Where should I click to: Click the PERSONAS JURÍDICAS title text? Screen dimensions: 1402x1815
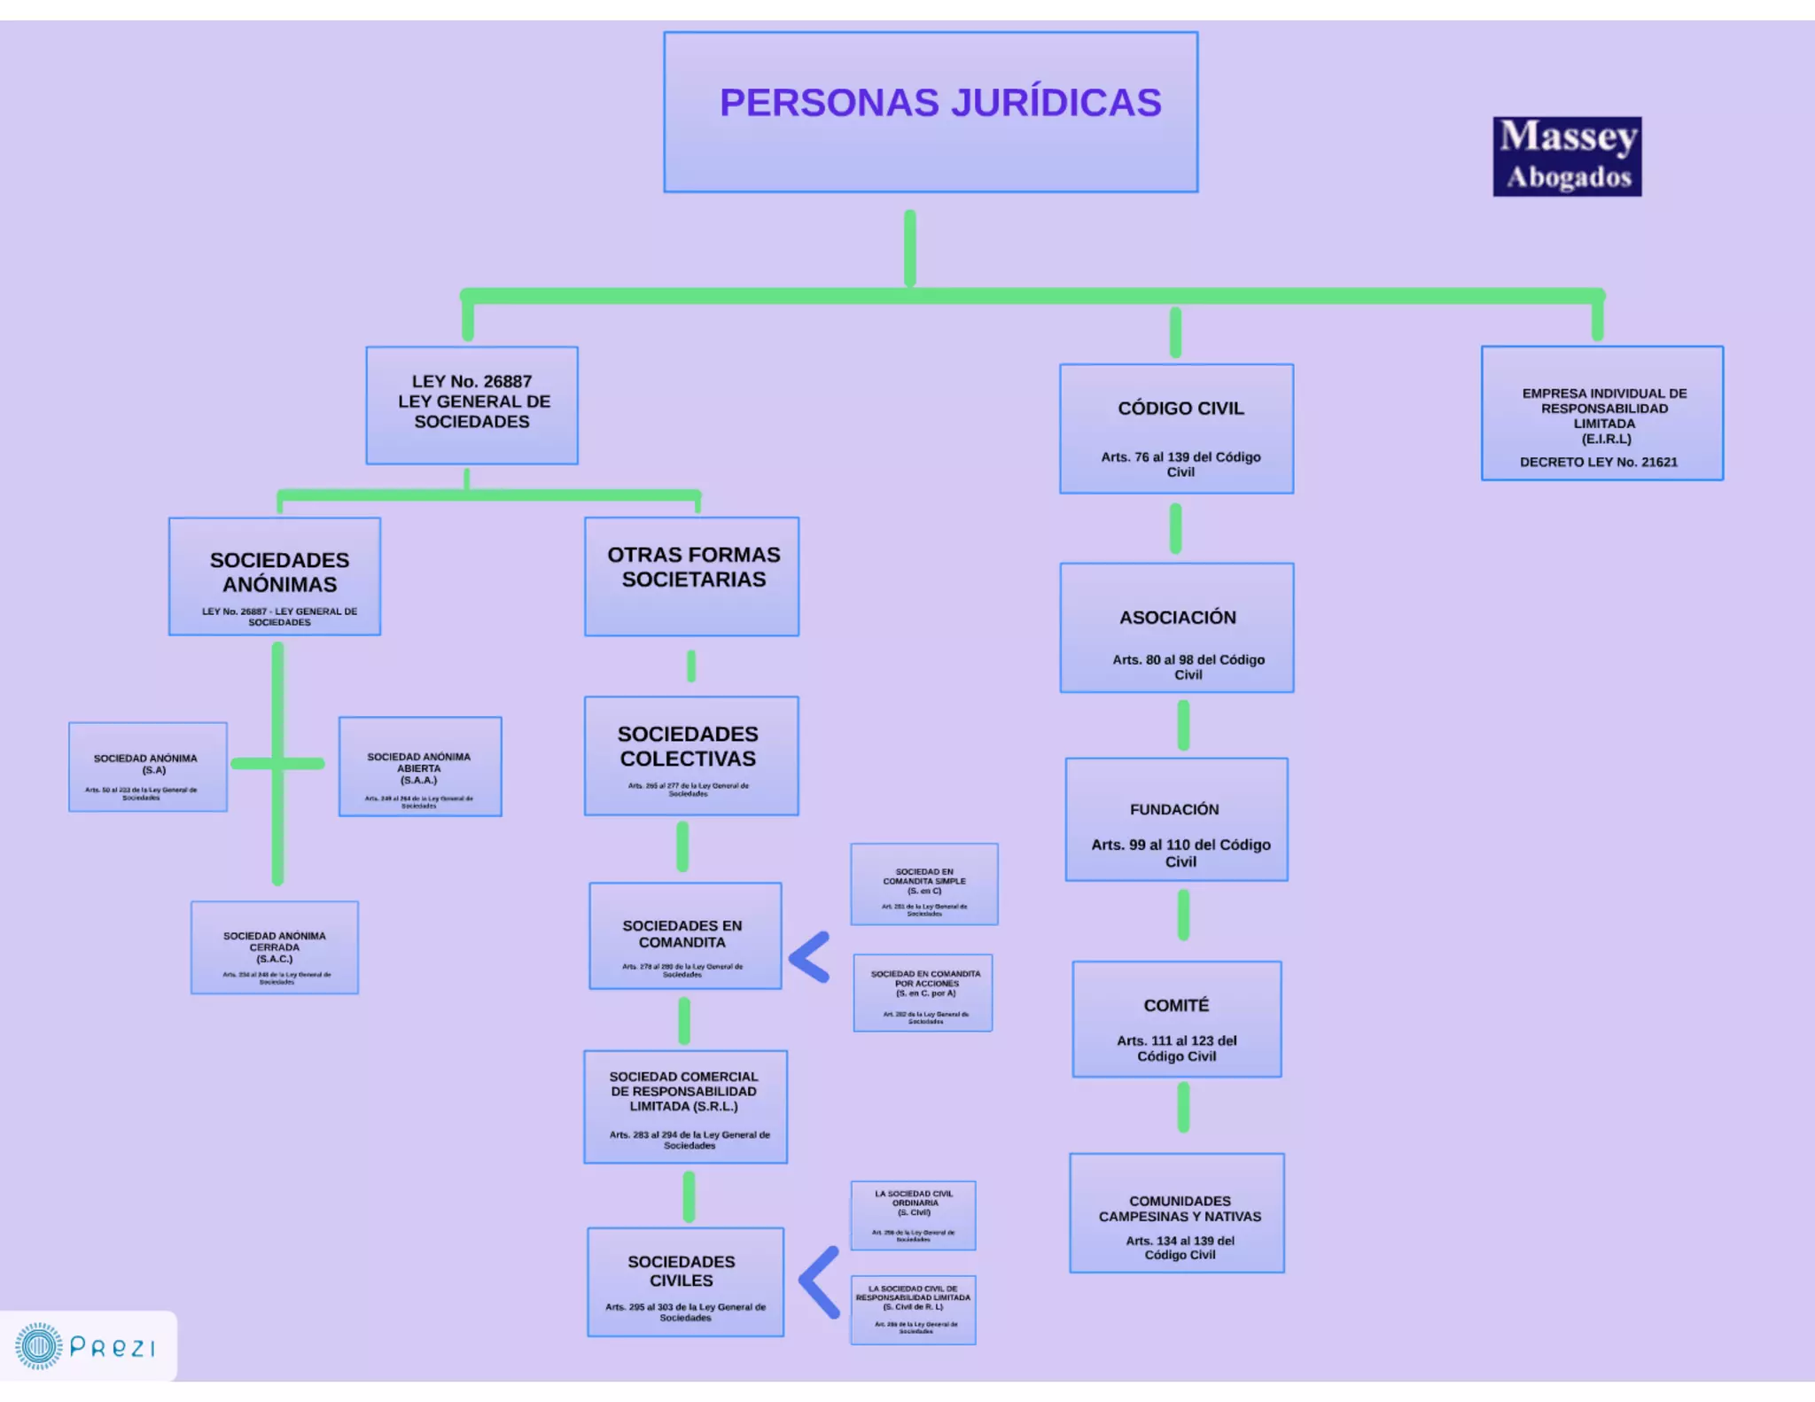point(939,103)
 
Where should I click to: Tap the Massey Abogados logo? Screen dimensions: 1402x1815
point(1567,157)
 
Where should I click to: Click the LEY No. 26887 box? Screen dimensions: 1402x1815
point(471,405)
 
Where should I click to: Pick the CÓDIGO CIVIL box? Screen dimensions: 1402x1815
point(1176,429)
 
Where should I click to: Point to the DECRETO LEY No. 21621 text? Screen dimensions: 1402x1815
point(1598,462)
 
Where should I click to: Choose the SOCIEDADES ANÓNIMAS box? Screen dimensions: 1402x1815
point(275,576)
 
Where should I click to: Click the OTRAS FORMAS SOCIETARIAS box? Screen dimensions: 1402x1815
point(691,576)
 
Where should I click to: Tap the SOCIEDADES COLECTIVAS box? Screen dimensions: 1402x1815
point(691,756)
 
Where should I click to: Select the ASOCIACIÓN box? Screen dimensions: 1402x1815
point(1177,627)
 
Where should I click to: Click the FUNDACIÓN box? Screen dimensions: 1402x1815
point(1176,819)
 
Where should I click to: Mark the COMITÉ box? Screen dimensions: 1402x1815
point(1176,1019)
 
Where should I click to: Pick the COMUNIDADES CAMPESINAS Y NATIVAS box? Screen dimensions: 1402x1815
point(1177,1212)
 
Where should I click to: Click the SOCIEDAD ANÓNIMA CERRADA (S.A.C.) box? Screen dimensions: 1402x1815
point(275,947)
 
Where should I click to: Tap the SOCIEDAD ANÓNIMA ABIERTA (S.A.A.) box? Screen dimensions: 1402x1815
point(420,767)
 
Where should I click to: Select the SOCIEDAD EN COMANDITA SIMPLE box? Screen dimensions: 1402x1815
point(924,884)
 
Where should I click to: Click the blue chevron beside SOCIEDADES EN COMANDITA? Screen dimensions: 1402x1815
point(809,957)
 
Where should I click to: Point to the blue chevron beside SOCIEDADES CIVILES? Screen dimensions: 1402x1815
point(819,1281)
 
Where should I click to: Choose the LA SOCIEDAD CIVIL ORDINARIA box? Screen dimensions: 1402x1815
point(913,1215)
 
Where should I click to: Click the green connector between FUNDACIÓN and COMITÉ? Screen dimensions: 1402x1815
point(1183,915)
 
